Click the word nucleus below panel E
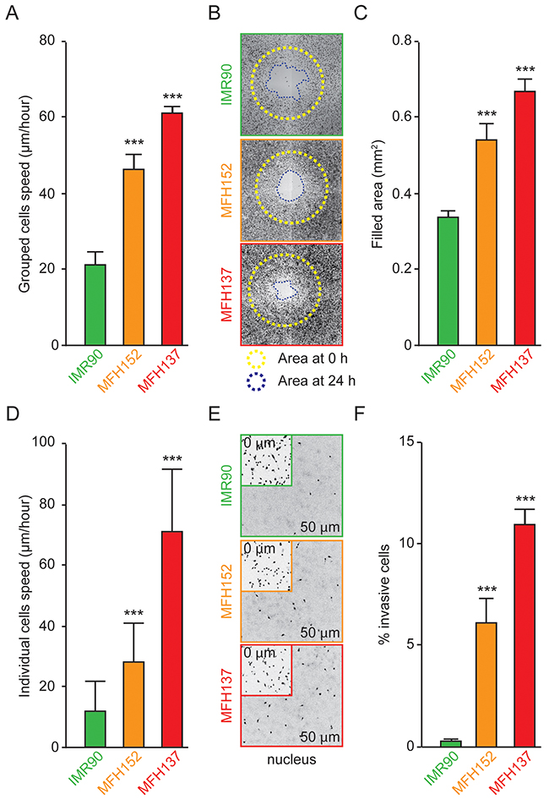(x=291, y=759)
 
